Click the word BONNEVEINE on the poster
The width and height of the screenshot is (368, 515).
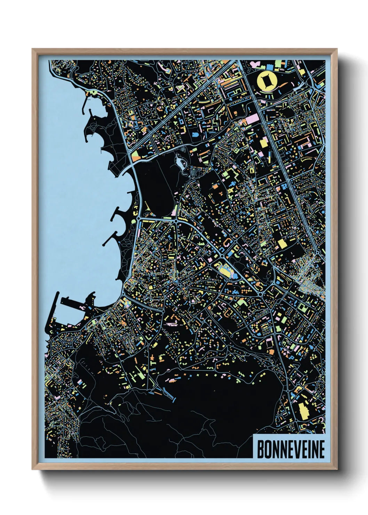[x=291, y=449]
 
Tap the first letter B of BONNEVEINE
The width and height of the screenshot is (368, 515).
[x=260, y=449]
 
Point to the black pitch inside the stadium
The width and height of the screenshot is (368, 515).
[x=267, y=81]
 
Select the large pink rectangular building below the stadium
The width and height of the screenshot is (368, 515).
[x=253, y=119]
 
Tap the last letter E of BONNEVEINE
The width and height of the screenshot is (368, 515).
[x=321, y=449]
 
